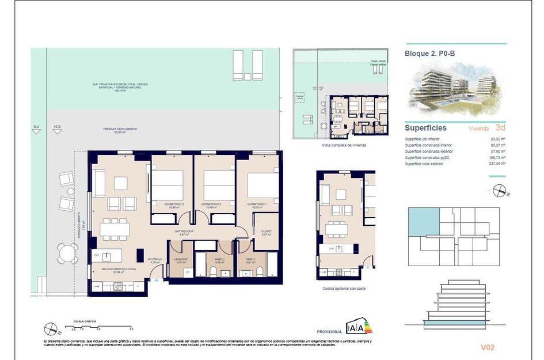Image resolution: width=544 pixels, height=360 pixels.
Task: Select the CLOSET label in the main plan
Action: point(266,232)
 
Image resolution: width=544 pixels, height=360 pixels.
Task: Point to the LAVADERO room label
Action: point(181,259)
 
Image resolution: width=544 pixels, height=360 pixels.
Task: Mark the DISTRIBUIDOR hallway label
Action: point(184,232)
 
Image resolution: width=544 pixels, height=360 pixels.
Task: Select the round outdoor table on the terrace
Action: point(68,252)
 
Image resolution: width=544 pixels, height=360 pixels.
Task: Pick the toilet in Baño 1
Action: point(258,271)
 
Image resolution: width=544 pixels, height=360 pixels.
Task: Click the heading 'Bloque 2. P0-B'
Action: point(429,54)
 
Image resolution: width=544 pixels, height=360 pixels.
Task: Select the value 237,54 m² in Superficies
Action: point(496,164)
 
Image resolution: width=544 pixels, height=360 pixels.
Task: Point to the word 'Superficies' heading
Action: point(425,128)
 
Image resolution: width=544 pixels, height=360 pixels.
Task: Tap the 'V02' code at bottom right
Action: point(487,347)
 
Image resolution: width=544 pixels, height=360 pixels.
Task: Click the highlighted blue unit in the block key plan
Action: point(424,222)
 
